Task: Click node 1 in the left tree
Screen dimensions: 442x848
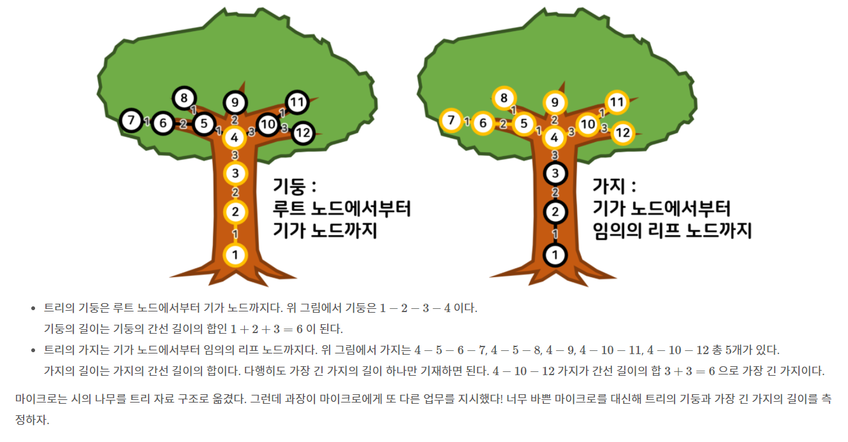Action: (x=235, y=255)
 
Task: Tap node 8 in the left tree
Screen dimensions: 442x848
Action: (x=184, y=98)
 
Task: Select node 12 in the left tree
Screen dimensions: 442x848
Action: (x=303, y=132)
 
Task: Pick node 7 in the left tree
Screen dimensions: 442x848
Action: (x=132, y=120)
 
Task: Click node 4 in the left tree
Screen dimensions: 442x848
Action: (x=235, y=136)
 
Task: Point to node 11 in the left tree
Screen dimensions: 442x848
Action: (x=296, y=102)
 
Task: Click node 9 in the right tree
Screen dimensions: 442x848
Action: (x=555, y=103)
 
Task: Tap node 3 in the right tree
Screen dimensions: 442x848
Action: (x=555, y=173)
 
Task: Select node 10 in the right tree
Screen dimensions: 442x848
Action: (x=588, y=125)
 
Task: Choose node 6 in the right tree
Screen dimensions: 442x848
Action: (x=483, y=123)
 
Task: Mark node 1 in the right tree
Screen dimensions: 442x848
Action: (x=555, y=255)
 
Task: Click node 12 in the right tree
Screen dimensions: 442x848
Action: (x=623, y=132)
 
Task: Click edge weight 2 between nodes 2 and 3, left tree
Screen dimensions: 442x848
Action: (x=235, y=192)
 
